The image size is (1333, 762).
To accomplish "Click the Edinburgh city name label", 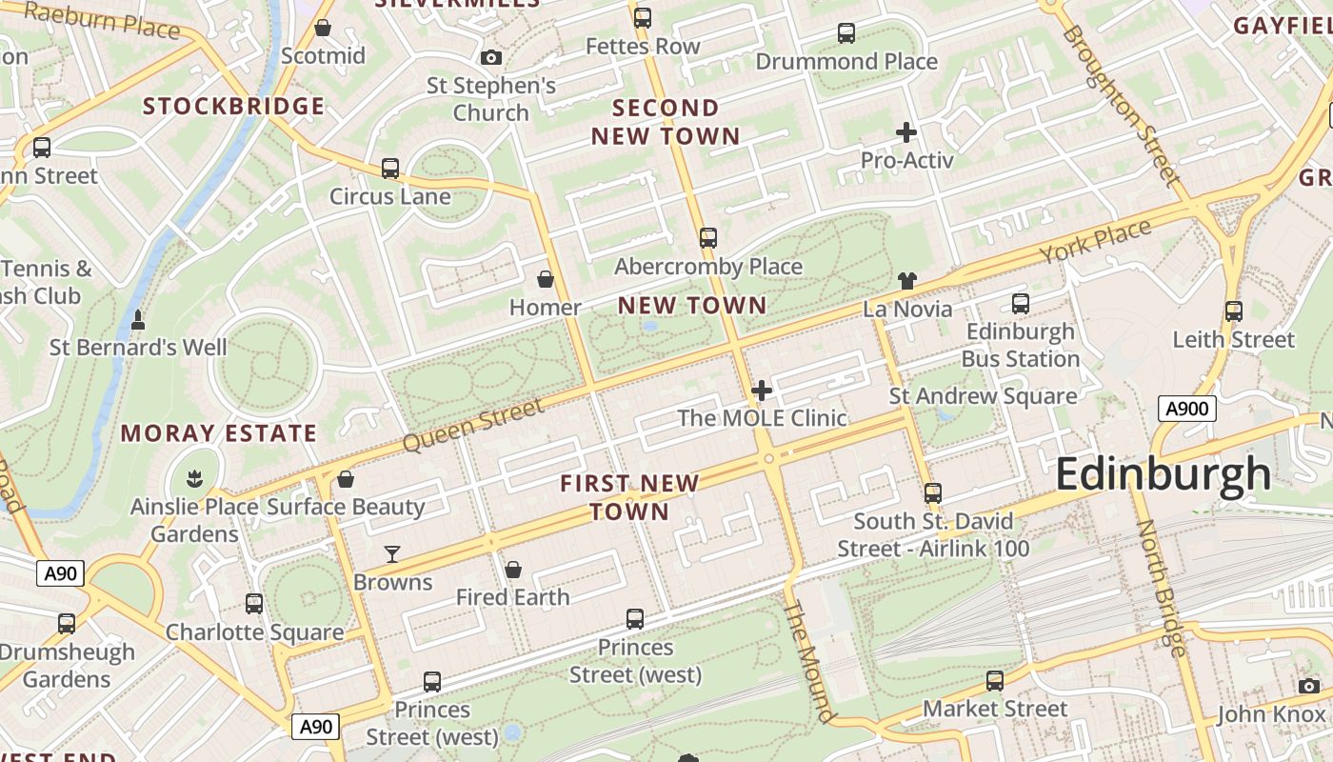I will (1163, 474).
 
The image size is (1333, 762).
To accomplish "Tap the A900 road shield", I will (1187, 410).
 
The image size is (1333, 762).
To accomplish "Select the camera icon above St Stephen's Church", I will (491, 58).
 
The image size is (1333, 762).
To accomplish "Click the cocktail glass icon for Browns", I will (392, 554).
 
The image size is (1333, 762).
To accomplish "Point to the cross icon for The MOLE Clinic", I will (762, 391).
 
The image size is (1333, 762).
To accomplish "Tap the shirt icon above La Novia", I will (906, 281).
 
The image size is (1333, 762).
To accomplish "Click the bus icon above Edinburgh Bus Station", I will (1021, 304).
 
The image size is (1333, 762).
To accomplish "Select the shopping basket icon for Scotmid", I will (323, 29).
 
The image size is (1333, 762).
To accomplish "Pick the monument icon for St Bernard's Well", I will (138, 320).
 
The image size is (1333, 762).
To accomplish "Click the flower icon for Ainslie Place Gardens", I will (195, 477).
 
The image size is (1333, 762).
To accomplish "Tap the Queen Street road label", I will (473, 425).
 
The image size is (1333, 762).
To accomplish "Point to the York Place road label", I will (1095, 242).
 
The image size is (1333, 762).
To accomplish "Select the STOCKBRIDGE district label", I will (234, 106).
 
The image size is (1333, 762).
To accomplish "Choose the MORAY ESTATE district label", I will (218, 433).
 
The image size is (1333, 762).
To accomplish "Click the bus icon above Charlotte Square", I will (254, 603).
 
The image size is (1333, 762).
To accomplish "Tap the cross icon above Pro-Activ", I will (906, 132).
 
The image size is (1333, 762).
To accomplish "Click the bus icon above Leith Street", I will (1234, 311).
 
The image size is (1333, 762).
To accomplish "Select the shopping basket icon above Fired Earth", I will (513, 570).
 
